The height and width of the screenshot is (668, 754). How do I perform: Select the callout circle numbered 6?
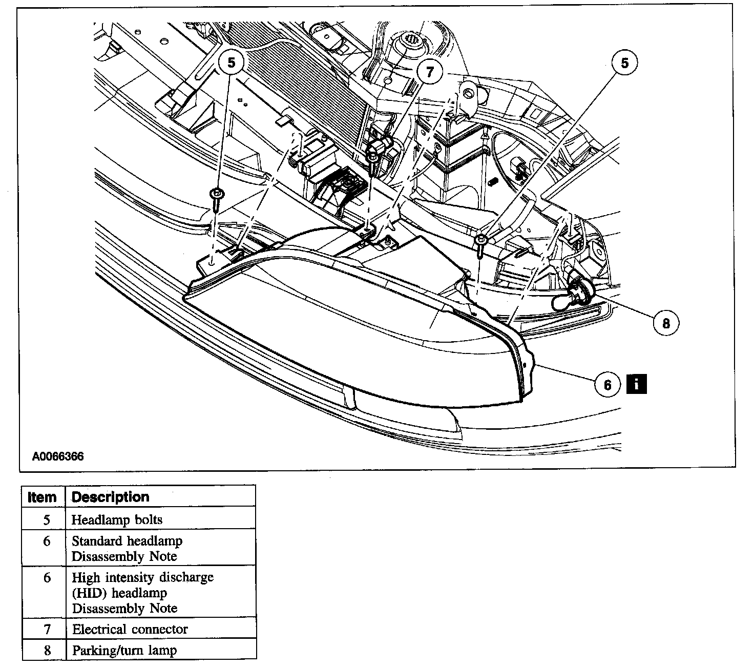[608, 384]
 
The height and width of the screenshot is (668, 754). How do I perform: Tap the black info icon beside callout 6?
[636, 384]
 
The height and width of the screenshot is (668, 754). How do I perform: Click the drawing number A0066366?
[58, 456]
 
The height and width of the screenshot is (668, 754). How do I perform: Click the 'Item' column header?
[42, 497]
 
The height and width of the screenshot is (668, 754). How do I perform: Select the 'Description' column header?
[111, 497]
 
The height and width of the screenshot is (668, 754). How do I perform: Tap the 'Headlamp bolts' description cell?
[117, 519]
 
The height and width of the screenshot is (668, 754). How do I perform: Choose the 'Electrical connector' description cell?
[130, 629]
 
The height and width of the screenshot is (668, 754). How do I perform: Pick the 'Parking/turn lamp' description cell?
[124, 651]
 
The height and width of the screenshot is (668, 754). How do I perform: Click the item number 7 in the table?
[47, 629]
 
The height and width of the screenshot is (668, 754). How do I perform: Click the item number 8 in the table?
[47, 651]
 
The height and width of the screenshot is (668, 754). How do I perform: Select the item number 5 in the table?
[47, 519]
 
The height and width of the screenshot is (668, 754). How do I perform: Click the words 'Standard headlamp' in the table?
[127, 541]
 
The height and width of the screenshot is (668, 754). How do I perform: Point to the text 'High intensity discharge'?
[142, 577]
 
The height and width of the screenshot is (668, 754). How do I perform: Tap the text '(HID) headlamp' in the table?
[120, 593]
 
